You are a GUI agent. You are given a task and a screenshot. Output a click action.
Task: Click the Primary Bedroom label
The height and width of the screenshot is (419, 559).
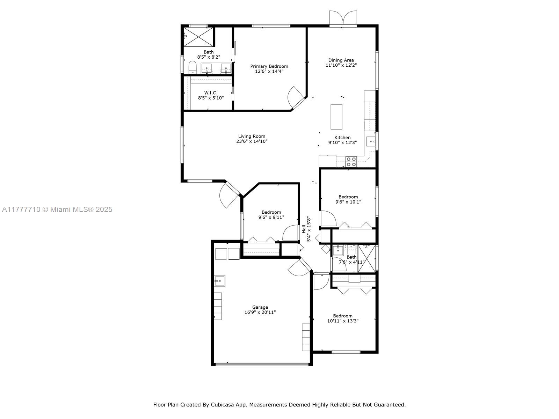(x=269, y=66)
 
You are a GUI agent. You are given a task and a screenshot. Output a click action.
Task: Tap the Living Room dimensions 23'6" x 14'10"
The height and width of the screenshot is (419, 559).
(x=252, y=141)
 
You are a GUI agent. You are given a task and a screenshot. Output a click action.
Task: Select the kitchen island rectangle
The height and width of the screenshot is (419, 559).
(x=336, y=117)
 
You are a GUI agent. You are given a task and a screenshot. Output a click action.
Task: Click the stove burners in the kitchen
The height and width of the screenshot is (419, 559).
(x=351, y=162)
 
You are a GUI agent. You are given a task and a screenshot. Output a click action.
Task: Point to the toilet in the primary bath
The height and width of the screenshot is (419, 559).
(x=193, y=67)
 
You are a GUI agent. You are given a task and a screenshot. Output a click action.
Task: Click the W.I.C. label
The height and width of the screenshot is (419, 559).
(x=211, y=93)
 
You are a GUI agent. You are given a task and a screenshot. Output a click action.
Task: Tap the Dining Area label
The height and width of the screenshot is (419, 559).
(x=341, y=60)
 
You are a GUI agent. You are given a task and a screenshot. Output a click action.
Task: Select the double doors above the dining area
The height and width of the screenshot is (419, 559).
(x=343, y=18)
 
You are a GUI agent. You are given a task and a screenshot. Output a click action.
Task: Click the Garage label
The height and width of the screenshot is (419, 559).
(x=260, y=307)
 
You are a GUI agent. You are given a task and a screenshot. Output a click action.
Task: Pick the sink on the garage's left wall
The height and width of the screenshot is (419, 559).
(x=219, y=281)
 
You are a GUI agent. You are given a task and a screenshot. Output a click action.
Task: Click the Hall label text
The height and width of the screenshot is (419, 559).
(x=304, y=229)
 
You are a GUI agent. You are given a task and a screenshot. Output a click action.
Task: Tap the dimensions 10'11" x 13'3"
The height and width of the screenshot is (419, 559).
(x=342, y=321)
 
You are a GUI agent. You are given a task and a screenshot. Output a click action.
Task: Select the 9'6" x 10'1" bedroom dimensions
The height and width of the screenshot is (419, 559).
(x=348, y=202)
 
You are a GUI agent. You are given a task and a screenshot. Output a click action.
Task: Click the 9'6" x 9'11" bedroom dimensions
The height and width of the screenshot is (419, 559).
(x=271, y=217)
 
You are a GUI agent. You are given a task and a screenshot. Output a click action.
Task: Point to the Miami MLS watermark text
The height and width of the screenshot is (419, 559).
(x=57, y=209)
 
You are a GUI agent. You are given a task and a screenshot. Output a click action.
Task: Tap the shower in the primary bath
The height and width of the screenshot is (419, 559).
(x=198, y=37)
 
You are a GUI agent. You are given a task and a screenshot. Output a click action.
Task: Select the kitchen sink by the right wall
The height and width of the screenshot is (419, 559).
(x=371, y=141)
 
